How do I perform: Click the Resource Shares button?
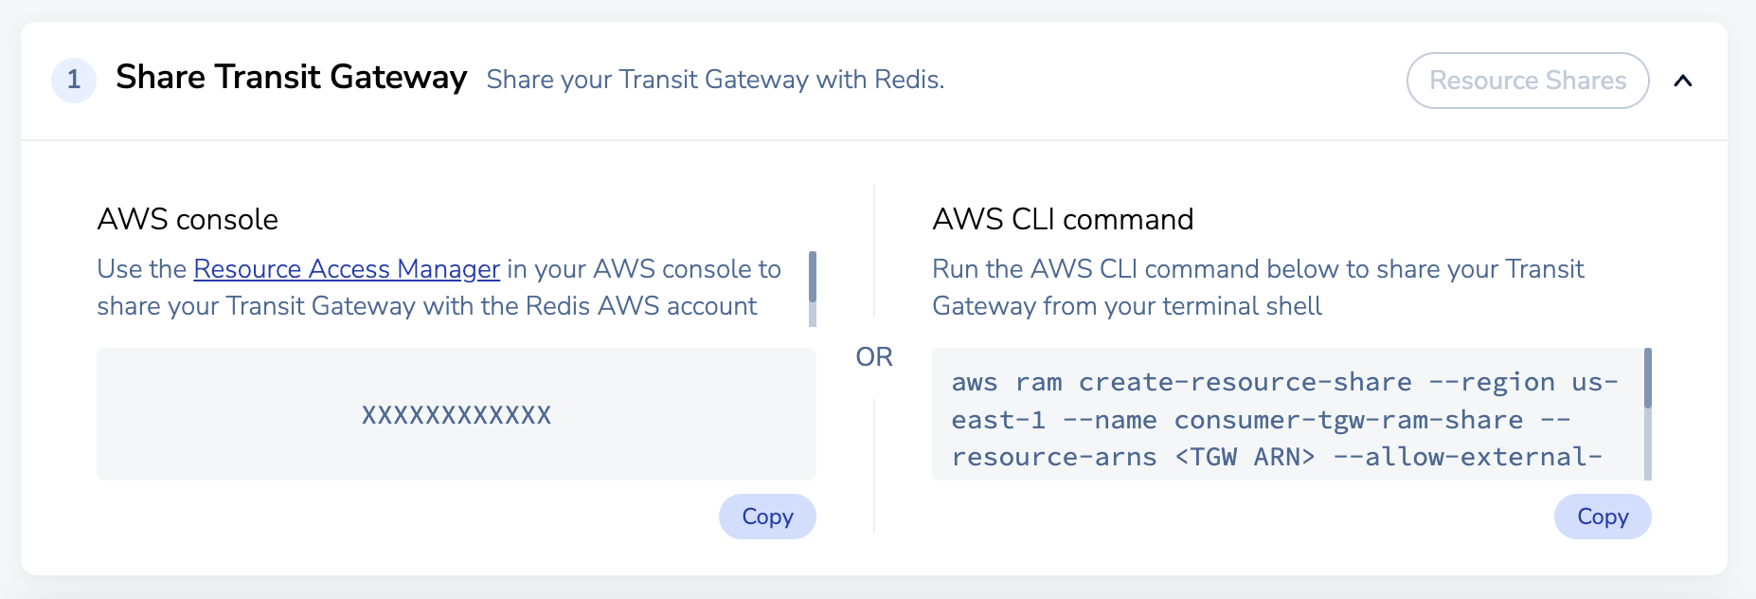(x=1527, y=81)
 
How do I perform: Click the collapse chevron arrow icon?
(x=1682, y=81)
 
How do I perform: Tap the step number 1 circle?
(x=74, y=81)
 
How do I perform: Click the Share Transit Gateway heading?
(x=291, y=78)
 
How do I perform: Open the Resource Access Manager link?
(x=347, y=269)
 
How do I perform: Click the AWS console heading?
(x=188, y=220)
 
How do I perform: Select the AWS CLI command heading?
(x=1062, y=220)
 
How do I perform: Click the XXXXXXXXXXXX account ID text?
(x=456, y=415)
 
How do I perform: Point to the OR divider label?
(x=873, y=357)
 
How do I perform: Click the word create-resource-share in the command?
(x=1245, y=382)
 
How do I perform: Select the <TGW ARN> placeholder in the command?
(x=1245, y=457)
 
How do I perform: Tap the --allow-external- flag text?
(x=1467, y=457)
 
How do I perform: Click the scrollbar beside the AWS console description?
(x=812, y=277)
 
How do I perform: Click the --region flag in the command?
(x=1491, y=382)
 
